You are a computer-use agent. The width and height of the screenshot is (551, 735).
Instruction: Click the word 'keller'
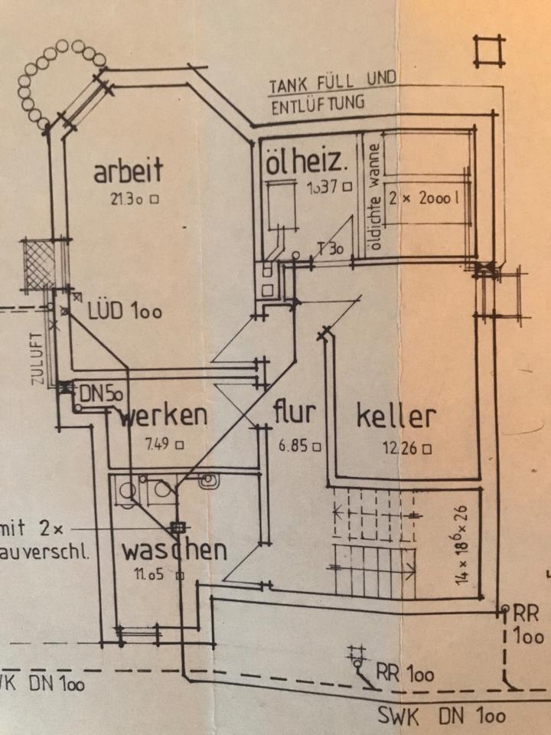pos(396,416)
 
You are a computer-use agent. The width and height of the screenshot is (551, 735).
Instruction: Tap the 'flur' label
pos(294,413)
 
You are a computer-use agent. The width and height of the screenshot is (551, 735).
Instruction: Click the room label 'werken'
pos(164,416)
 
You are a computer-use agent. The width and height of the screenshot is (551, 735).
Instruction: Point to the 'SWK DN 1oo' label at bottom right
pos(442,716)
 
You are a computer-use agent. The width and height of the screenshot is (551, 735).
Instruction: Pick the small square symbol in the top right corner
pos(489,51)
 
